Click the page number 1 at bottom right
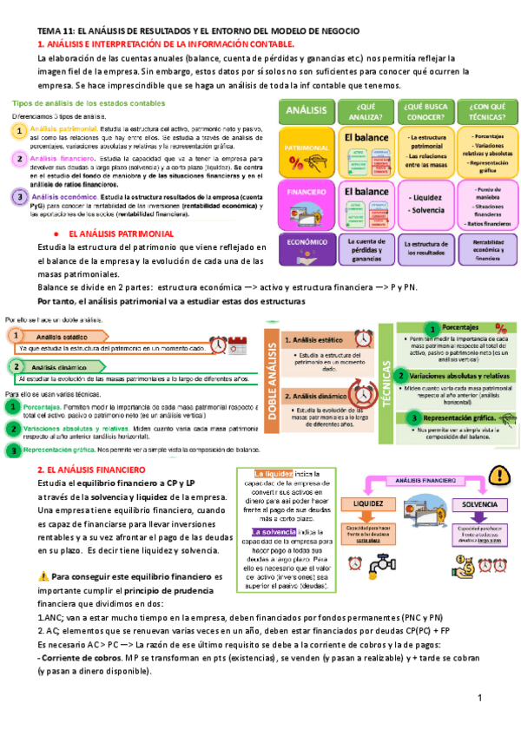478,699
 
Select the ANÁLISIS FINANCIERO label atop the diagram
423,479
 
